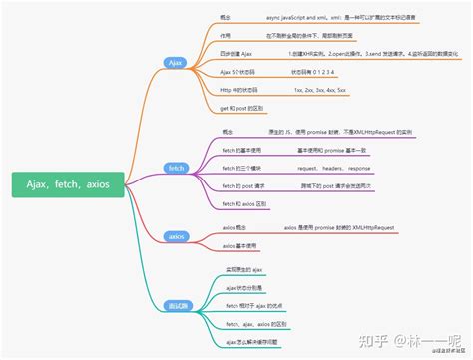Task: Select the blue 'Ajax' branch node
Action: point(176,62)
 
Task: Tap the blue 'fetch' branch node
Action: point(176,168)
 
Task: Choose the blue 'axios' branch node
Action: point(176,236)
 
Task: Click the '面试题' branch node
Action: point(177,305)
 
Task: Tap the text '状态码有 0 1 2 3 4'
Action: point(315,72)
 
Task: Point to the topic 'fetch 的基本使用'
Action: point(243,150)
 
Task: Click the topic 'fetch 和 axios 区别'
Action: point(245,203)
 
